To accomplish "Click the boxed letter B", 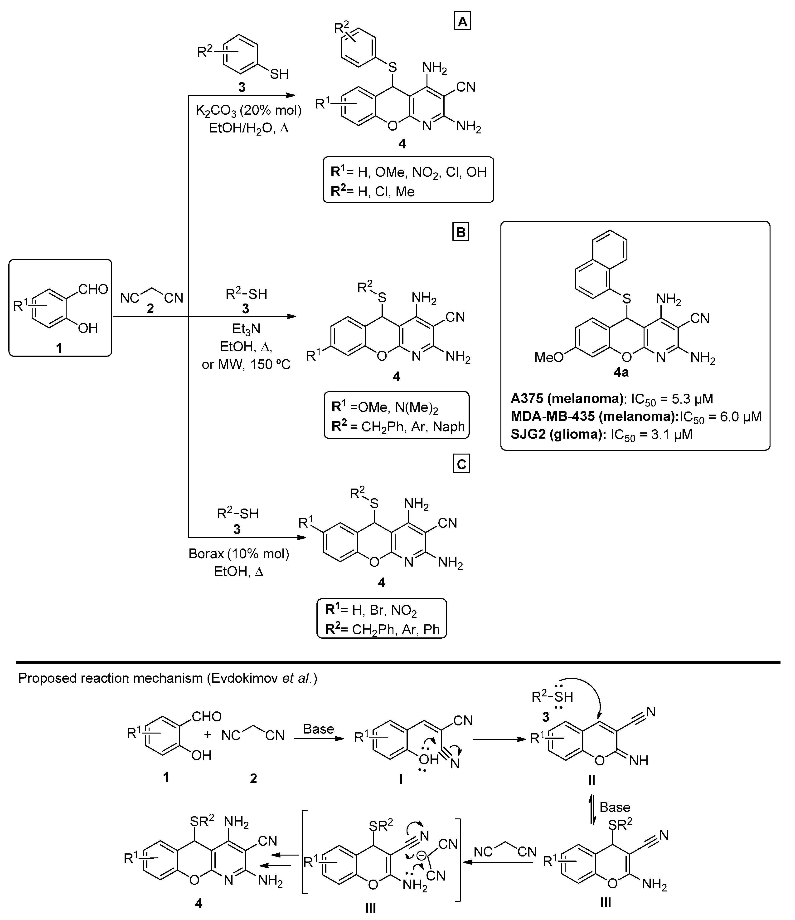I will tap(461, 233).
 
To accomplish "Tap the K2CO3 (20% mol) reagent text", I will tap(249, 111).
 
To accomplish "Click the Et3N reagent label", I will tap(246, 328).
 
